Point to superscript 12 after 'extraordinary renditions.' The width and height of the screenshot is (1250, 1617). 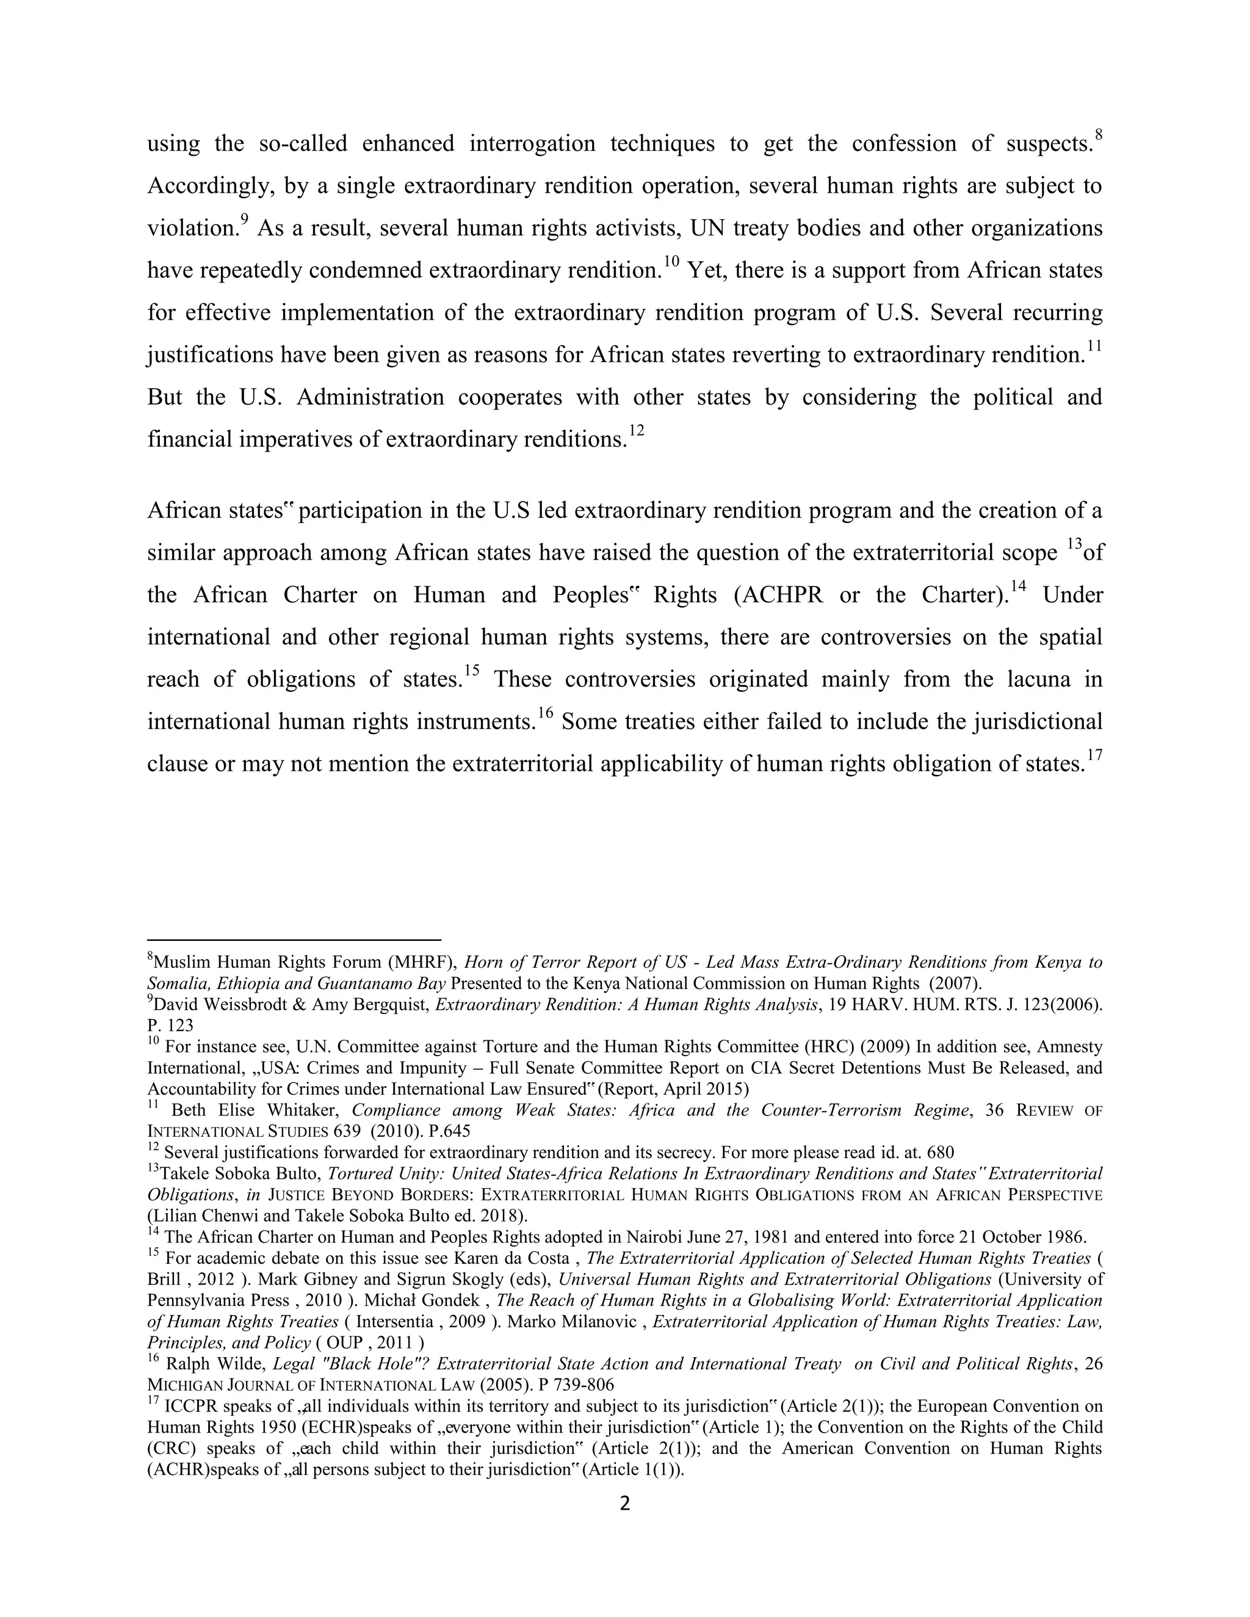tap(636, 431)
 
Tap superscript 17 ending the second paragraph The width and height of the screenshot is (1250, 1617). tap(1095, 756)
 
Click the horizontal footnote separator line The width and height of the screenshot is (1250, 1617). tap(294, 940)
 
